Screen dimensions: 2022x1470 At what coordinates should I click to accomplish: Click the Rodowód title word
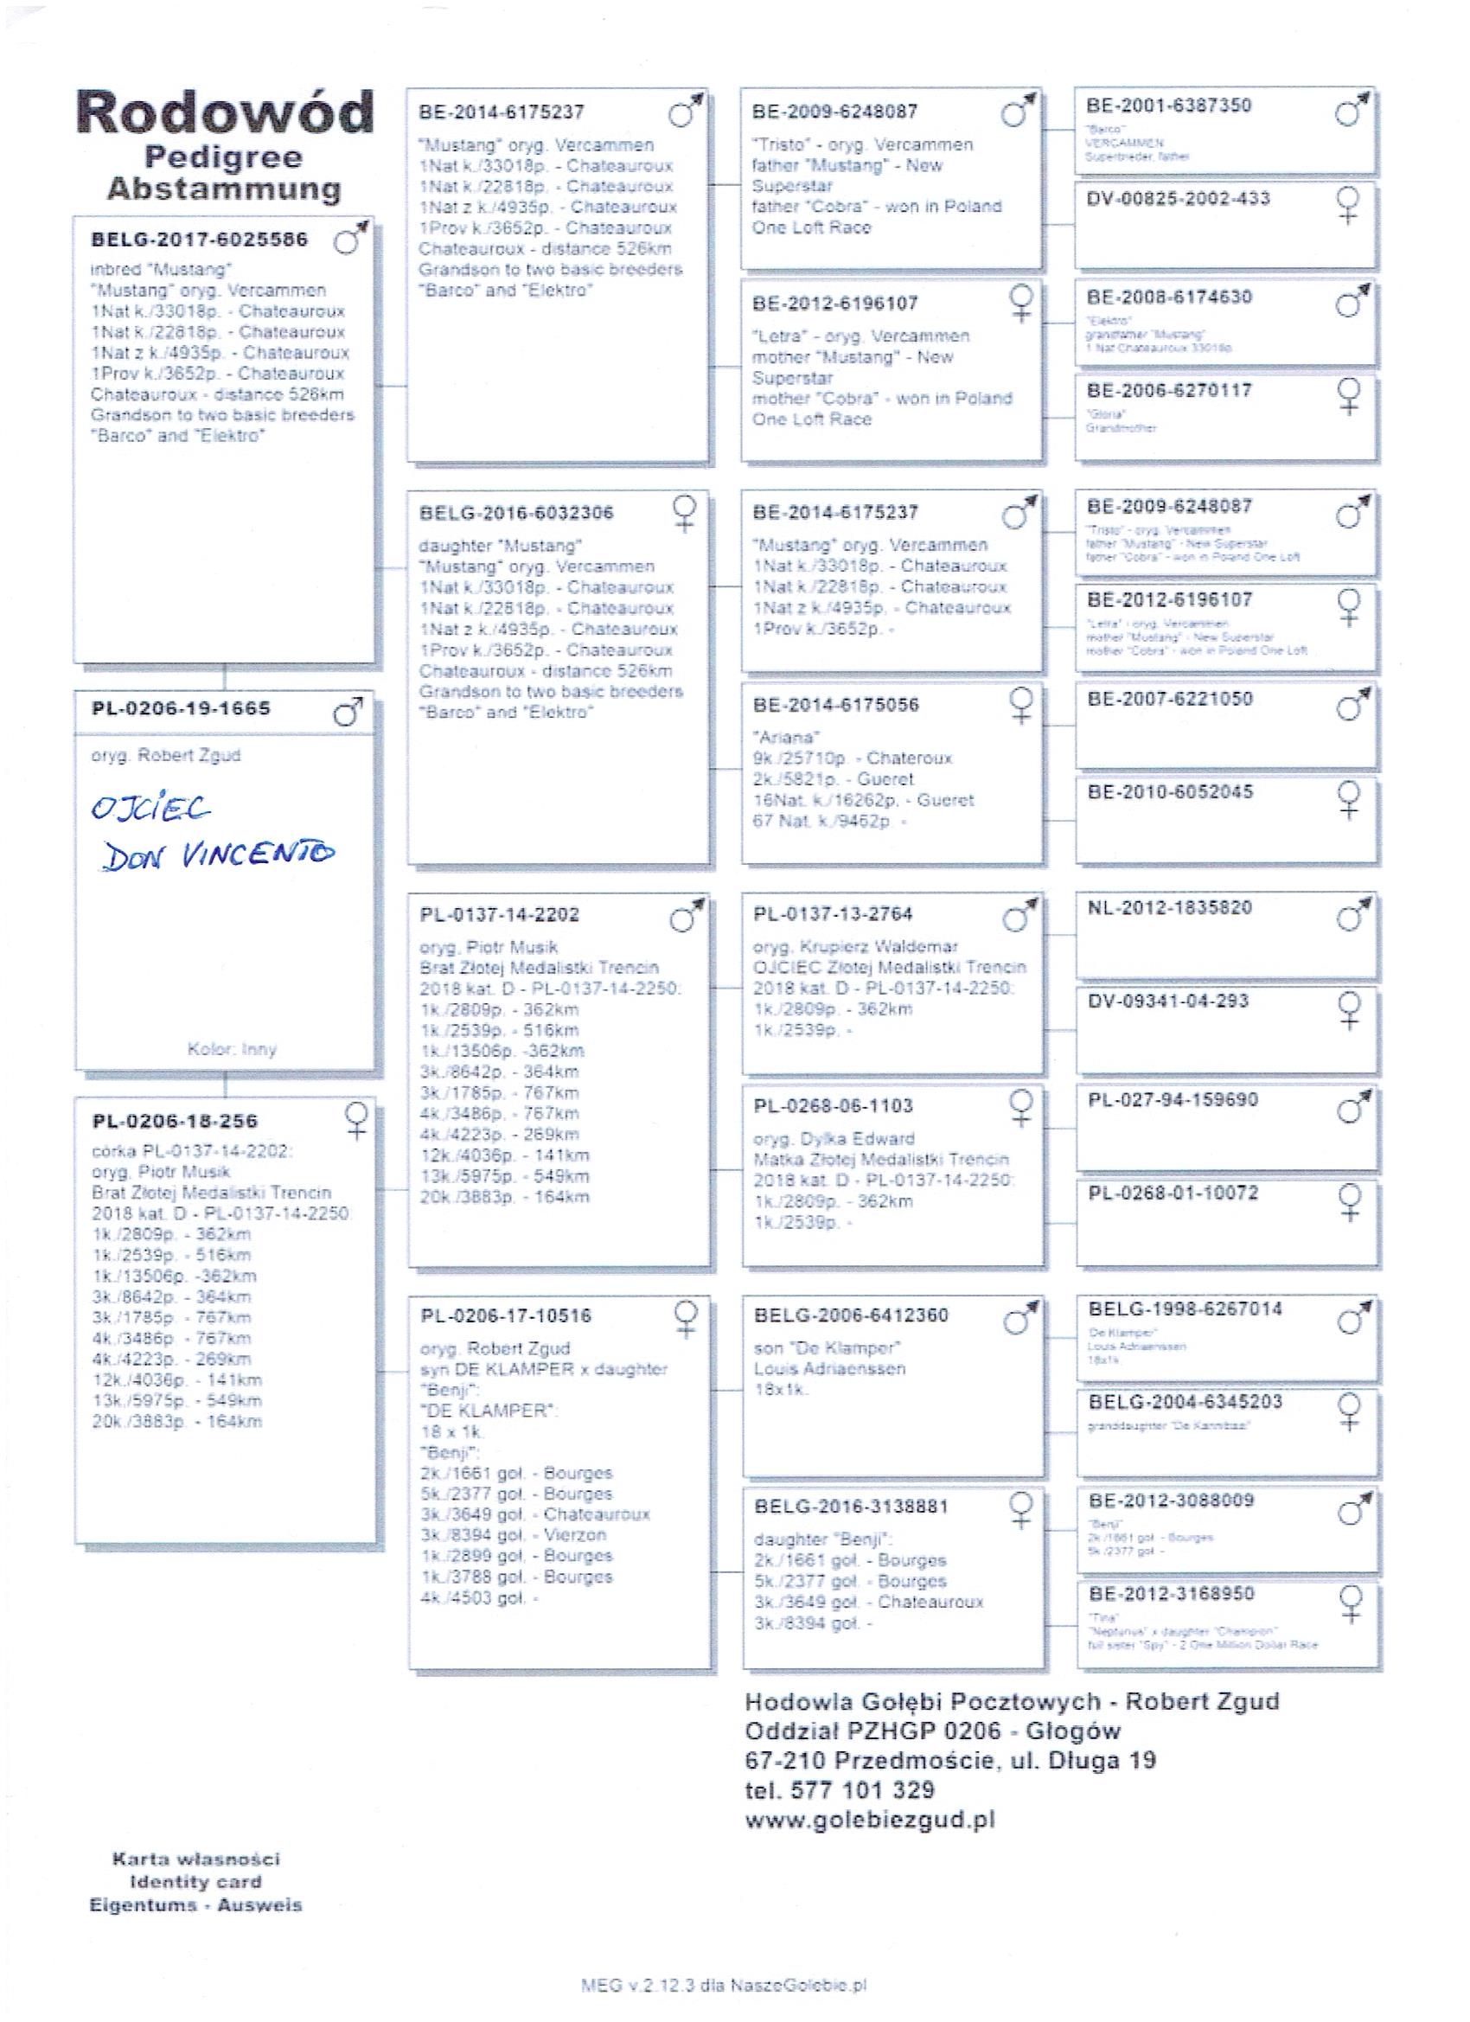tap(225, 112)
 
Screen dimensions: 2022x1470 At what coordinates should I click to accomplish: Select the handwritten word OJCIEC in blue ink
tap(150, 808)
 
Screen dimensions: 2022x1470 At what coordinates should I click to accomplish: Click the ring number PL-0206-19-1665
tap(181, 709)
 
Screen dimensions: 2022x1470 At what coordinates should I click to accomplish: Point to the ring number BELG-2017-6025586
tap(199, 240)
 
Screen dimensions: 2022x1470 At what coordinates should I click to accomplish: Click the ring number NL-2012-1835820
tap(1170, 907)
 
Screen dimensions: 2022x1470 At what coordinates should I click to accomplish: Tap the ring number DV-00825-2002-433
tap(1178, 199)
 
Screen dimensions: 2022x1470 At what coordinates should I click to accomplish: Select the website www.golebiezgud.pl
tap(870, 1820)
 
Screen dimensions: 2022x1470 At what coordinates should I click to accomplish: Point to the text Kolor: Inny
tap(232, 1049)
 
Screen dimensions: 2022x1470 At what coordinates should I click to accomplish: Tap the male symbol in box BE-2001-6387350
tap(1352, 110)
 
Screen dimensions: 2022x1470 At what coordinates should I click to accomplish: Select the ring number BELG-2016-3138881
tap(851, 1507)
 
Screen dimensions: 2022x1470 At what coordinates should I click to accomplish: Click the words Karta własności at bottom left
tap(195, 1859)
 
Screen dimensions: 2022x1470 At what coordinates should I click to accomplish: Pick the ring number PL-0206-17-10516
tap(505, 1316)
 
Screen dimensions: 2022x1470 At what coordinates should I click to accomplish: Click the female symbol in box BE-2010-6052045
tap(1350, 798)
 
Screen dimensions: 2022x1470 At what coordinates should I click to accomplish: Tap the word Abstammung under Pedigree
tap(224, 189)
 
